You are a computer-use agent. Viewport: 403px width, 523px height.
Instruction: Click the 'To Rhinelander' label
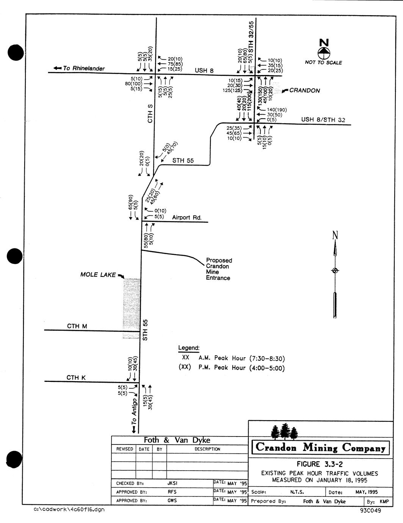tap(83, 68)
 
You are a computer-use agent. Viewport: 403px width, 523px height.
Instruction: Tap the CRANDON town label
tap(304, 91)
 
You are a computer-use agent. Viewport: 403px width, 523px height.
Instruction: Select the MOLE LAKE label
tap(98, 275)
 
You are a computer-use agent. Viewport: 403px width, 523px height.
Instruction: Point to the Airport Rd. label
tap(187, 218)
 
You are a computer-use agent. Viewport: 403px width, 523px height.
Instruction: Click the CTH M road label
tap(77, 326)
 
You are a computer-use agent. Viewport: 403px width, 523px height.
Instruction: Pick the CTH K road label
tap(76, 378)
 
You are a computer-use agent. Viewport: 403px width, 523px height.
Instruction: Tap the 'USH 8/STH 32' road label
tap(323, 119)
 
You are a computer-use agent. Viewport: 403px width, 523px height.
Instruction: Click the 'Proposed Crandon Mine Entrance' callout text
tap(219, 269)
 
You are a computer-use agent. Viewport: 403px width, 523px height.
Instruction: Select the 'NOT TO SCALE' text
tap(323, 63)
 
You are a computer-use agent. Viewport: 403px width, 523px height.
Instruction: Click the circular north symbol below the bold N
tap(324, 52)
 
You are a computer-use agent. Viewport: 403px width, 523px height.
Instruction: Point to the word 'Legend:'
tap(189, 348)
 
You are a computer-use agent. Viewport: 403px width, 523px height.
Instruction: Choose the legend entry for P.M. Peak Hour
tap(232, 368)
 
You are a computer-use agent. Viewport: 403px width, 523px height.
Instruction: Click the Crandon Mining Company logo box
tap(320, 448)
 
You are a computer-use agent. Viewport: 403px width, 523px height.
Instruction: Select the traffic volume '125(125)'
tap(232, 91)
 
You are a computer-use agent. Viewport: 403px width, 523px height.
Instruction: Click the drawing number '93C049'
tap(370, 510)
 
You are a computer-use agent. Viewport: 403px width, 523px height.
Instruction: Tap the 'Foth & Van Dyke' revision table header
tap(177, 440)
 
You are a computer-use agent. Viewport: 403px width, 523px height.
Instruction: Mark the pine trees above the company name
tap(284, 431)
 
